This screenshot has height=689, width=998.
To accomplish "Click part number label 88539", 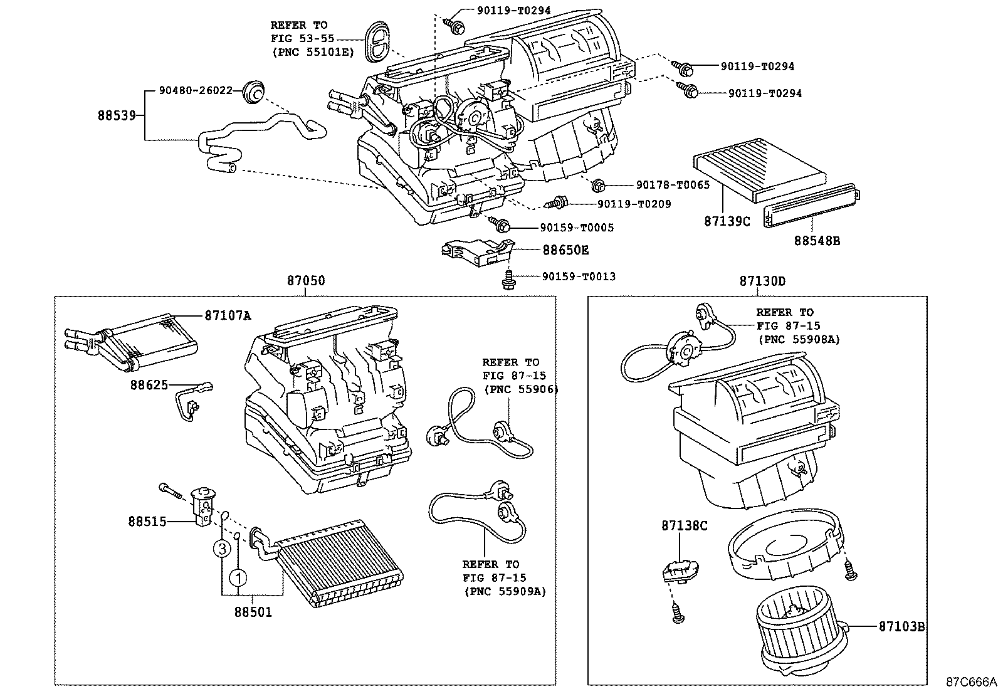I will (x=117, y=115).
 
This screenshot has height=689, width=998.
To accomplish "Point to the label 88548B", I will (x=817, y=240).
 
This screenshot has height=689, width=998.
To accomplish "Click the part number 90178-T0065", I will (x=673, y=185).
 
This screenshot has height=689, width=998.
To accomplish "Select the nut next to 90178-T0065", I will (x=598, y=185).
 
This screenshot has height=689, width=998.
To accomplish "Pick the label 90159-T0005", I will (x=577, y=228).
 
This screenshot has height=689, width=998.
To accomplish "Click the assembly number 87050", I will (x=306, y=281).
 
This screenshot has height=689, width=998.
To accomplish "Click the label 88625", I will (x=149, y=384).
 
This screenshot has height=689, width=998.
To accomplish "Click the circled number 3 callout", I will (x=221, y=549).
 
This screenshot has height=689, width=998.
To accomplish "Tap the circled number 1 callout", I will (x=238, y=577).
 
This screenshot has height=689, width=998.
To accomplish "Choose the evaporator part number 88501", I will (x=253, y=611).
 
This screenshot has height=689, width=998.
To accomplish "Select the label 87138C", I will (x=684, y=525).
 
